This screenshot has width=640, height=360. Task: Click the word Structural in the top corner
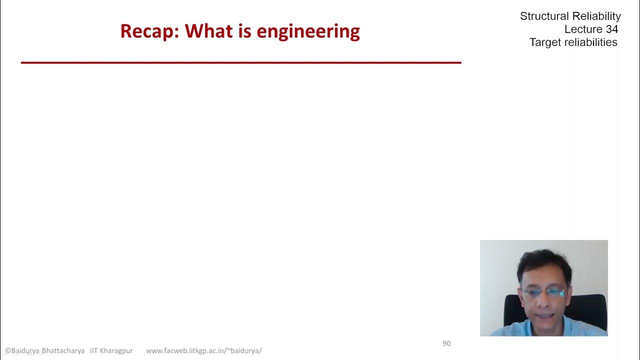click(544, 16)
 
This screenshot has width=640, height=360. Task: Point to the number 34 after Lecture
click(611, 29)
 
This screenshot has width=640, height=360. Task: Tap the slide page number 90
click(446, 343)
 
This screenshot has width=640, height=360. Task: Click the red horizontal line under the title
click(240, 62)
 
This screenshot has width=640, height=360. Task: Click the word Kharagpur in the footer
click(116, 351)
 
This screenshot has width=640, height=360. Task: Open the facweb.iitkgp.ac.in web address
click(203, 351)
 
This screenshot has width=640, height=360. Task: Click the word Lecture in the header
click(583, 29)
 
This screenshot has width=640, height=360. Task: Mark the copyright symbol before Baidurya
click(8, 351)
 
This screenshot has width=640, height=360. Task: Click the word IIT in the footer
click(94, 351)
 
